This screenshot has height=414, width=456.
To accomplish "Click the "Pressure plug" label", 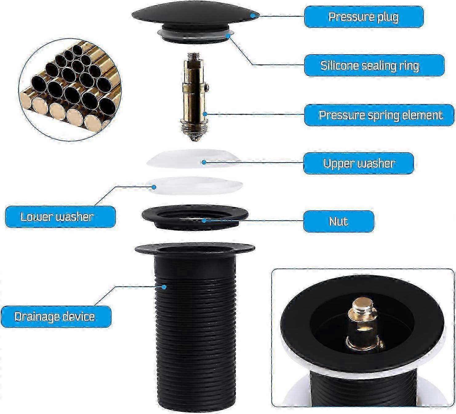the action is point(364,17).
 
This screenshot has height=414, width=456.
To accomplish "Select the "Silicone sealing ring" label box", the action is point(374,65).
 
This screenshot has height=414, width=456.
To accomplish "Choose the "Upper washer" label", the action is point(358,163).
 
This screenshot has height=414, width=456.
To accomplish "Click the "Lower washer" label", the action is point(60,217).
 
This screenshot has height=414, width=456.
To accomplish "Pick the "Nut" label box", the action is point(339,221).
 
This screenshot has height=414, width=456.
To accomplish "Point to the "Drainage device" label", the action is point(56,317).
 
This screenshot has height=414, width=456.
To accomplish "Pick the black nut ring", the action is point(195,217).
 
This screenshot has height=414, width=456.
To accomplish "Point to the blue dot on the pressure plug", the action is point(252,15).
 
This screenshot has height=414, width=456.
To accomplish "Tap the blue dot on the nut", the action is point(204,220).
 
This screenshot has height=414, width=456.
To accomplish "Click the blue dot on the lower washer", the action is point(154,187).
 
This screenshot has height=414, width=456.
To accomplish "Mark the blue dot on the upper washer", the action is point(204,162).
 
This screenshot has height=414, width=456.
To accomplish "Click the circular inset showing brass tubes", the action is point(70,90).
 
